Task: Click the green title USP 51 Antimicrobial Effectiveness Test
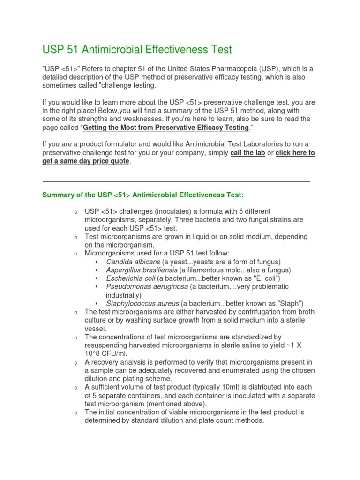[x=137, y=49]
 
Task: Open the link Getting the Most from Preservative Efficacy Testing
[x=165, y=127]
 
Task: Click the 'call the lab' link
[x=248, y=153]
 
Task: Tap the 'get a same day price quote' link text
[x=86, y=161]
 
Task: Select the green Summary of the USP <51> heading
[x=143, y=195]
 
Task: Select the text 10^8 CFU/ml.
[x=105, y=353]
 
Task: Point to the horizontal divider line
[x=176, y=181]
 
